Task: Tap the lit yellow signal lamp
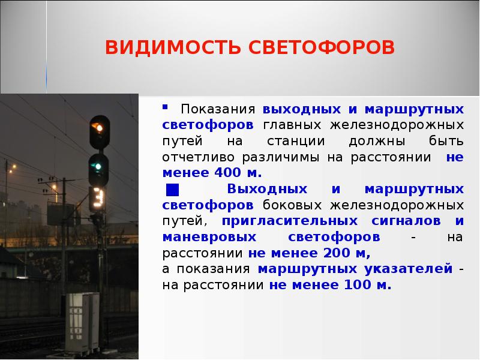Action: [98, 127]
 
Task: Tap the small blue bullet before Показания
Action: [165, 108]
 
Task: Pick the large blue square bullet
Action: [172, 190]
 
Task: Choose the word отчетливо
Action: [199, 158]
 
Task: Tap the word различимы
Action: [281, 158]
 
